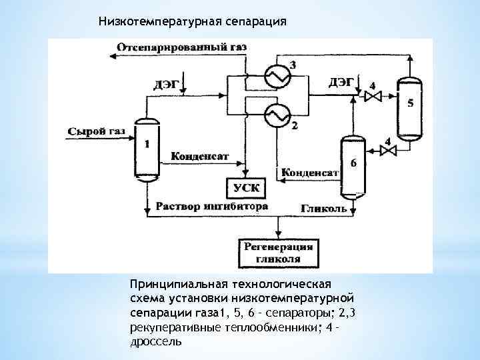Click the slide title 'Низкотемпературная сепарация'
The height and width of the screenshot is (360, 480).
coord(192,21)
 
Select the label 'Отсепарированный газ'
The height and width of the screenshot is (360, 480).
coord(181,47)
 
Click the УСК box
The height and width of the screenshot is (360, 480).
coord(245,187)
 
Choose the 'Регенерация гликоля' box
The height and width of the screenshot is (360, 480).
coord(279,253)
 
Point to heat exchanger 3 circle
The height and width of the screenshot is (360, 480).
coord(275,77)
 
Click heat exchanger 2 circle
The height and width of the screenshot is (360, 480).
coord(275,117)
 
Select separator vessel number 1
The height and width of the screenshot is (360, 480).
coord(147,152)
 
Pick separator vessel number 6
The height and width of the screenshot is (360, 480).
coord(353,167)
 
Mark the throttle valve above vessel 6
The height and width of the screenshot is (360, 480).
coord(387,151)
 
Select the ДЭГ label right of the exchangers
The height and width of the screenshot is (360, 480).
coord(341,82)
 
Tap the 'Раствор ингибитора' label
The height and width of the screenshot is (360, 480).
coord(211,206)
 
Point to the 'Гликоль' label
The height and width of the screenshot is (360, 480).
coord(324,208)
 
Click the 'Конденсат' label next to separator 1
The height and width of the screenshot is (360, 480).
coord(200,157)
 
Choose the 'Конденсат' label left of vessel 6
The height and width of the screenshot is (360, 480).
coord(310,173)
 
